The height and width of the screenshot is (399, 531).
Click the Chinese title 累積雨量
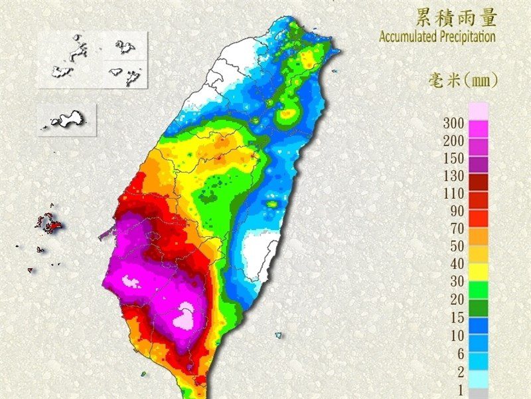click(x=455, y=16)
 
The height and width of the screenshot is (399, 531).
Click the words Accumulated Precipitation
click(x=437, y=36)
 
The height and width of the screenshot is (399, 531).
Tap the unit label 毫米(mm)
click(x=462, y=81)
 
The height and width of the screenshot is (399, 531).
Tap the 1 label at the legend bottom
click(x=460, y=390)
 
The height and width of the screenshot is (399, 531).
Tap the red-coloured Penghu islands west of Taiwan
click(x=49, y=223)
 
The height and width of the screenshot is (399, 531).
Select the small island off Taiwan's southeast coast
click(x=278, y=335)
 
